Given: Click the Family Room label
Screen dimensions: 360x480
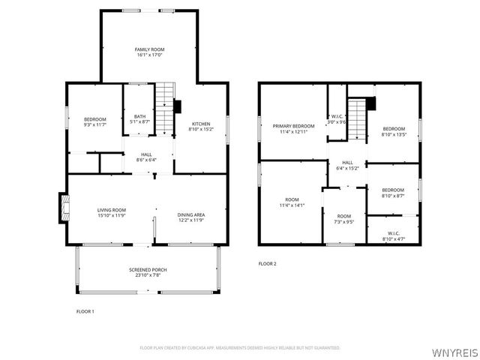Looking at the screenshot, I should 149,51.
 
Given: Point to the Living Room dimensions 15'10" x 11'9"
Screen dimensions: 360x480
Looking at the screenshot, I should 111,215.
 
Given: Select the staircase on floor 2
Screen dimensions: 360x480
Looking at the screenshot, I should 358,120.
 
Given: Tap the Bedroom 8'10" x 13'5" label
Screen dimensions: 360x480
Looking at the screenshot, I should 393,132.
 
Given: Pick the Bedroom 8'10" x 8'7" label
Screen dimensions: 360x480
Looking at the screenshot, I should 393,192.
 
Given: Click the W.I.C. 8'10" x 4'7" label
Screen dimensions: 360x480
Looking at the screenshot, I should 393,235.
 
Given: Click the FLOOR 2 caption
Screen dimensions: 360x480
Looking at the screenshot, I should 268,263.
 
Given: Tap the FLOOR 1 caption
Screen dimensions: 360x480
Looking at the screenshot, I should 85,310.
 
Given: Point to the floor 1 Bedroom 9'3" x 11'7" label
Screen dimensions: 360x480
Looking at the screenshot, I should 94,122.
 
